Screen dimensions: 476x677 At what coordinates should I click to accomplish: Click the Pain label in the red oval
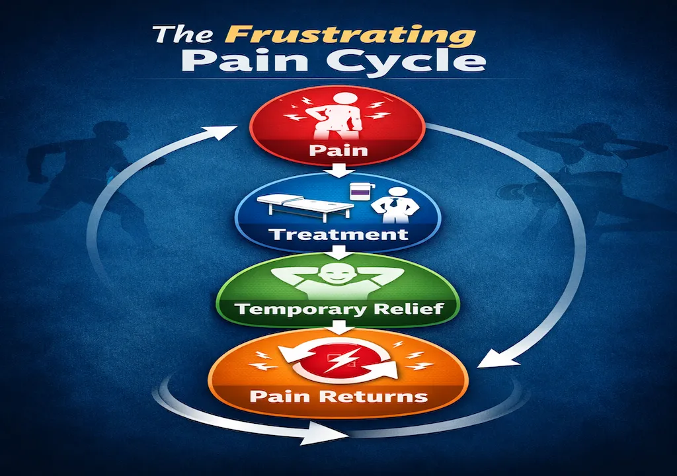pyautogui.click(x=338, y=149)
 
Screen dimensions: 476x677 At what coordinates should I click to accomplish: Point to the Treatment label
pyautogui.click(x=338, y=234)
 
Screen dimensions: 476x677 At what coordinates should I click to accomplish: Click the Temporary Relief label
pyautogui.click(x=338, y=309)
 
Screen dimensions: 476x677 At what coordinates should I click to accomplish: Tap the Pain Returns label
pyautogui.click(x=338, y=397)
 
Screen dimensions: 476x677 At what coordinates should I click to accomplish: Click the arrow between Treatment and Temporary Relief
pyautogui.click(x=338, y=252)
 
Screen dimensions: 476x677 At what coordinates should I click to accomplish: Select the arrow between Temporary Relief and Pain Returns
pyautogui.click(x=338, y=327)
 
